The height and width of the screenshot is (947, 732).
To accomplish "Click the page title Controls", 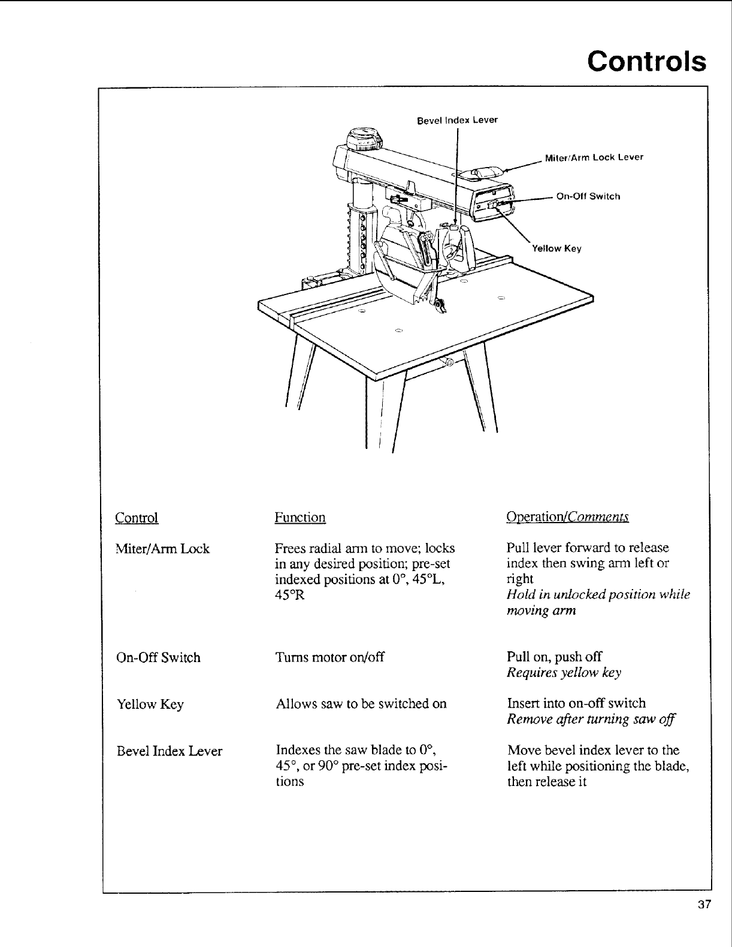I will click(x=646, y=61).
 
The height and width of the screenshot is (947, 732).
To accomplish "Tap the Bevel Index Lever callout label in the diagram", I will click(x=457, y=120).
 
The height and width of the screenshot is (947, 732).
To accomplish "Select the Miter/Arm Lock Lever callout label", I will click(x=594, y=157).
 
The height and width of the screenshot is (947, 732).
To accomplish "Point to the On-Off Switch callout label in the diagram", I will click(x=588, y=196).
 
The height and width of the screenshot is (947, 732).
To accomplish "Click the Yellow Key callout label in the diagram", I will click(x=556, y=248).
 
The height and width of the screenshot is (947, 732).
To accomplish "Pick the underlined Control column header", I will click(x=137, y=518).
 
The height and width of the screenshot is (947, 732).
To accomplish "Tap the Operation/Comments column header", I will click(x=567, y=517).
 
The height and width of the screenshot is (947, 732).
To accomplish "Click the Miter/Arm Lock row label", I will click(x=163, y=549).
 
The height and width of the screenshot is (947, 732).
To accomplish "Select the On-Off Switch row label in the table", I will click(x=159, y=658).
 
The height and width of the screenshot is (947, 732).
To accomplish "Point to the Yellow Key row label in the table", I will click(x=150, y=705).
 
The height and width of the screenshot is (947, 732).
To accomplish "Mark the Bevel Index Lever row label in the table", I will click(x=170, y=751).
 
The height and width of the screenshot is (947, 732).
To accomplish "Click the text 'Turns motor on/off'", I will click(x=329, y=657).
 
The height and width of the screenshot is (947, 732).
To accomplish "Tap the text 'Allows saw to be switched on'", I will click(x=361, y=704).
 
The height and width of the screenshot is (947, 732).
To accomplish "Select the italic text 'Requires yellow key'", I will click(x=564, y=673).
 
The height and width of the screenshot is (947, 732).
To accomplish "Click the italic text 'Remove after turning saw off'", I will click(x=591, y=720).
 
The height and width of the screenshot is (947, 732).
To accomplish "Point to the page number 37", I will click(x=703, y=904).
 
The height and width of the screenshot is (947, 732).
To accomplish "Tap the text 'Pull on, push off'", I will click(x=554, y=657).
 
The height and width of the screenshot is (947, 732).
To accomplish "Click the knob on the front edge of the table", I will click(x=449, y=362).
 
